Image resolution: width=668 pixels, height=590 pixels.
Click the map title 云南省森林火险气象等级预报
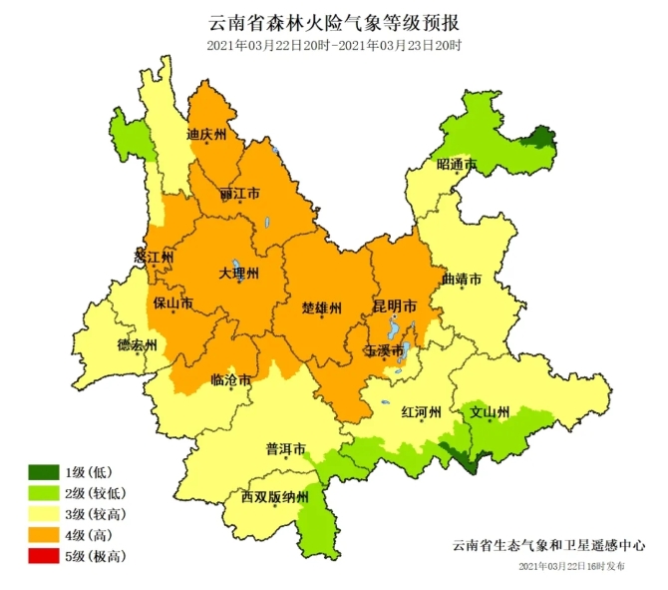(x=334, y=22)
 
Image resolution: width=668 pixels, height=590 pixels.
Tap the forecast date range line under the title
(x=334, y=46)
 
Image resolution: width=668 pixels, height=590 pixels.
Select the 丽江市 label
(x=239, y=193)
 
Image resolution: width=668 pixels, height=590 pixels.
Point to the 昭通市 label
(x=457, y=164)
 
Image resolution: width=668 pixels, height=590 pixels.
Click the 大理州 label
(x=239, y=273)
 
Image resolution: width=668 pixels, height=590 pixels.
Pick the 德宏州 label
(x=138, y=345)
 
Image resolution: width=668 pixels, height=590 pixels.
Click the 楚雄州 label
(x=322, y=307)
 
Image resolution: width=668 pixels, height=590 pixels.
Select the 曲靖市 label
(x=462, y=280)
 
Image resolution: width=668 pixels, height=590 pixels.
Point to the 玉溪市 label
(x=384, y=350)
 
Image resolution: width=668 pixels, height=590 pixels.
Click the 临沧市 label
(x=231, y=380)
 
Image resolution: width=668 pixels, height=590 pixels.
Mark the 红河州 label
(x=420, y=411)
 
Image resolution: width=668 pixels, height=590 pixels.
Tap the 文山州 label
(x=491, y=411)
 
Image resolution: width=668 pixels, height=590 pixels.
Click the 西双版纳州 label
(x=275, y=496)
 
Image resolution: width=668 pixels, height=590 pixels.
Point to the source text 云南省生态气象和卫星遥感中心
(x=548, y=545)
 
